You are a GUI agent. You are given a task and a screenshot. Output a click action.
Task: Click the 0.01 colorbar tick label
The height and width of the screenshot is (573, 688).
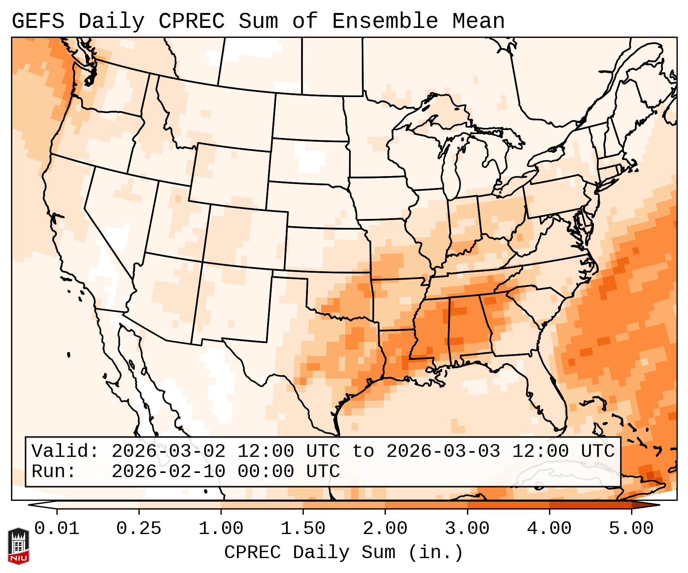(57, 529)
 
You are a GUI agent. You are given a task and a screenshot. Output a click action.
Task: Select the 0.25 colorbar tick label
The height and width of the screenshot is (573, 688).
(139, 529)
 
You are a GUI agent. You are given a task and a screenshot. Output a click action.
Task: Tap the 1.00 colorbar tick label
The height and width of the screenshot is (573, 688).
(221, 529)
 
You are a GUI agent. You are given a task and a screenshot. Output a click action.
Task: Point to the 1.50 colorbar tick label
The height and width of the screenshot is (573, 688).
(303, 529)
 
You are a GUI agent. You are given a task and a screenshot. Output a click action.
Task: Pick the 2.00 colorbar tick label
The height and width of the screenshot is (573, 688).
(385, 529)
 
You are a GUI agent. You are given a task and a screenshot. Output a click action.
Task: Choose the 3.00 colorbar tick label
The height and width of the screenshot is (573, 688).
(467, 529)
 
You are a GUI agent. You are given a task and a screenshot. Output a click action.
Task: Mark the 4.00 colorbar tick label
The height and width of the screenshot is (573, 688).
(549, 529)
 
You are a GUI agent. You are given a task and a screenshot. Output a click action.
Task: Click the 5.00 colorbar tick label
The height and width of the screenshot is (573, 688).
(631, 529)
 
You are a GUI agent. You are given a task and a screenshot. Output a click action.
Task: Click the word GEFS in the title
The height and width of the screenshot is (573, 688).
(38, 21)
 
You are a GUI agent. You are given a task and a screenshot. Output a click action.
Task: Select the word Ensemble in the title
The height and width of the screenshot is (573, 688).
(385, 21)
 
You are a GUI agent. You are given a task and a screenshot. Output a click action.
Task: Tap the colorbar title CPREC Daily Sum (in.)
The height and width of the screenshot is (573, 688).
(343, 552)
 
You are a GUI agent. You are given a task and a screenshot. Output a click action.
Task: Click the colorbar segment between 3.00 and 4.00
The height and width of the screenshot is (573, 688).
(508, 505)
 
